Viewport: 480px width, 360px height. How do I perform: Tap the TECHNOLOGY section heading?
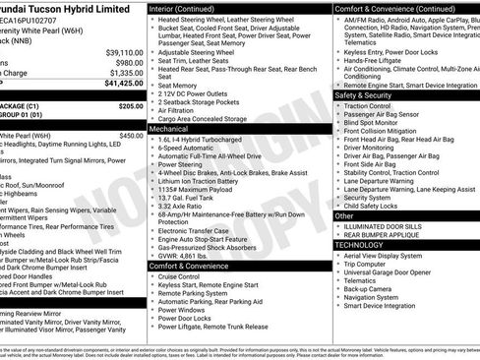(362, 243)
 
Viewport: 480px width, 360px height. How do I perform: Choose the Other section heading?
(344, 215)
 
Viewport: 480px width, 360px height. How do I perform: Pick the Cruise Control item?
(183, 277)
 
